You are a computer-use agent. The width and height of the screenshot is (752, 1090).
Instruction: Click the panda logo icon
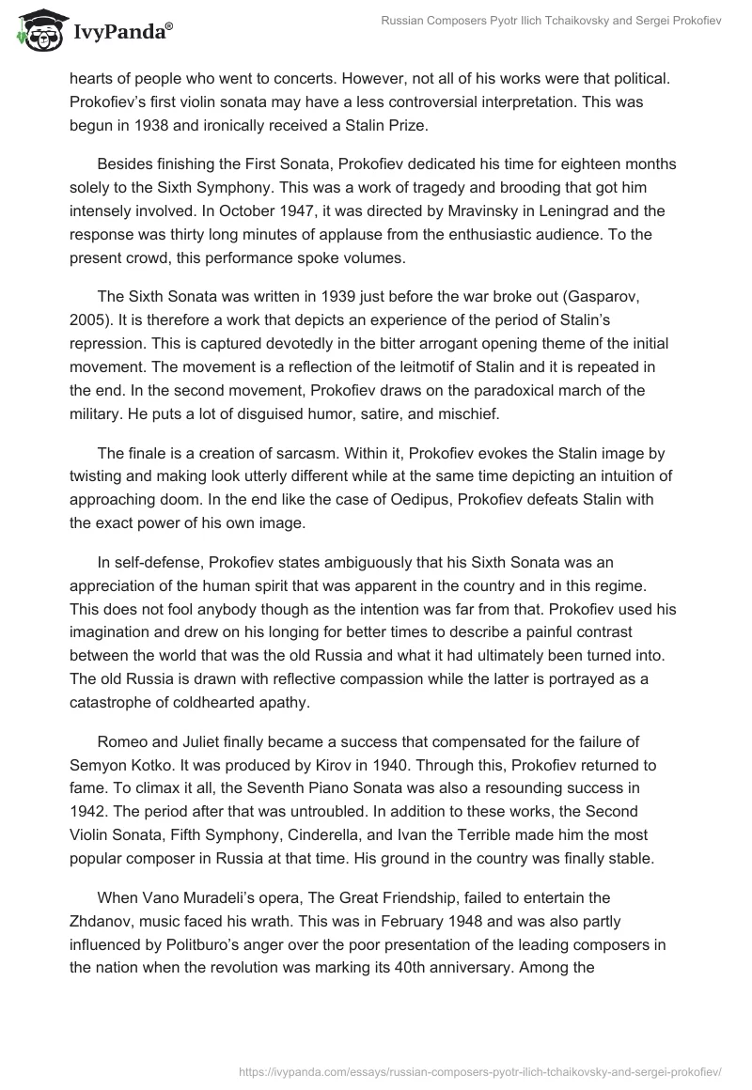click(x=37, y=30)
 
